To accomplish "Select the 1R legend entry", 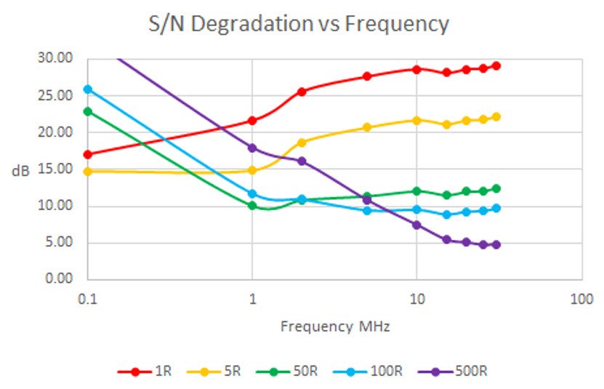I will [145, 371].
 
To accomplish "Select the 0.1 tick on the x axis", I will [87, 299].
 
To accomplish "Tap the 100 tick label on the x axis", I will [581, 299].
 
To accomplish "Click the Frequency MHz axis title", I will [335, 326].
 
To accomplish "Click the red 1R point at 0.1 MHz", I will [88, 154].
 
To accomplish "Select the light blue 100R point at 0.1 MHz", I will [88, 89].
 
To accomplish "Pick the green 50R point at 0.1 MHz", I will [88, 111].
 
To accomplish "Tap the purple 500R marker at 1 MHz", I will [252, 148].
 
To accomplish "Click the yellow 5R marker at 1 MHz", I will [252, 170].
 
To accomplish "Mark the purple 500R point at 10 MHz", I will [416, 225].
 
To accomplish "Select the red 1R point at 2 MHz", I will [302, 92].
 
